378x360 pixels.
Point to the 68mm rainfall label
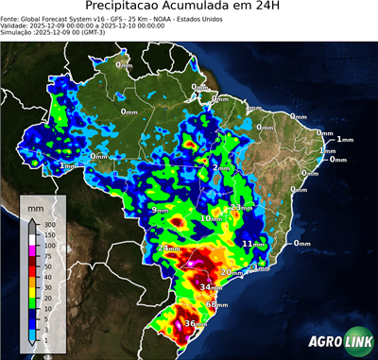tap(216, 305)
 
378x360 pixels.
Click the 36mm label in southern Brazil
tap(195, 324)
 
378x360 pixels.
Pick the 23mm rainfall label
tap(241, 207)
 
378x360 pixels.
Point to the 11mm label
tap(253, 244)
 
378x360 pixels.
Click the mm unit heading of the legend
tap(35, 205)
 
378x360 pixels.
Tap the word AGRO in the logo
tap(323, 343)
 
